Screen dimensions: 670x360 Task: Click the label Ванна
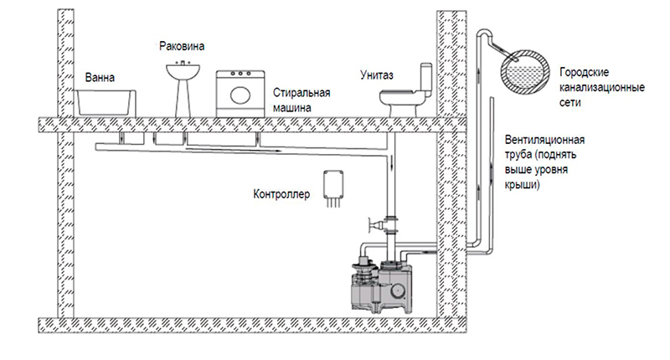(x=100, y=78)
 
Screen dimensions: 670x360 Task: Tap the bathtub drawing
(x=106, y=103)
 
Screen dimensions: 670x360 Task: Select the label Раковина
(x=182, y=46)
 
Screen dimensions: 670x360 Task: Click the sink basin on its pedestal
(x=183, y=72)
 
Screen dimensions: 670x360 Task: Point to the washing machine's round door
(x=240, y=95)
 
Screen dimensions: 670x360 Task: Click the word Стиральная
(x=301, y=93)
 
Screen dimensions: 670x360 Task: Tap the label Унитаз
(x=376, y=75)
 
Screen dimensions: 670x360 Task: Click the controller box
(x=333, y=184)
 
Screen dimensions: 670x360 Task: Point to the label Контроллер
(x=281, y=194)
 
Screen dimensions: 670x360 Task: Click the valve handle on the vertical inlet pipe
(x=373, y=224)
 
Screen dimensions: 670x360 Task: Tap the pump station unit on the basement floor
(x=381, y=286)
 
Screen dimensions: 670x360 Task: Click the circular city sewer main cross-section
(x=526, y=72)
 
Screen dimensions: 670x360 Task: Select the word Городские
(x=584, y=72)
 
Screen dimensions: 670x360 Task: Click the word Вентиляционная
(x=545, y=140)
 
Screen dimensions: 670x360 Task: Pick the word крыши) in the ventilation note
(x=522, y=185)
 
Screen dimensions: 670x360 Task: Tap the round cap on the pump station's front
(x=399, y=291)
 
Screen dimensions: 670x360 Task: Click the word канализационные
(x=602, y=88)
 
